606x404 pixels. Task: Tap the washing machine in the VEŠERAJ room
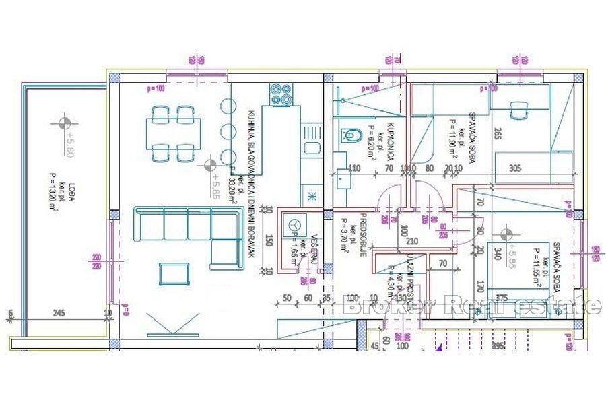[x=294, y=224]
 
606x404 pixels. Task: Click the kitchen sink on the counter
[x=311, y=147]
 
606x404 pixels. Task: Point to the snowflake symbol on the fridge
[x=312, y=196]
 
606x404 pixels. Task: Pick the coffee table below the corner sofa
[x=170, y=273]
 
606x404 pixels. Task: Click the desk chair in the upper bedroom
[x=519, y=109]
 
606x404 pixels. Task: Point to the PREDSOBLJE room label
[x=362, y=235]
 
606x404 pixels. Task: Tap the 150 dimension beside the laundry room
[x=269, y=240]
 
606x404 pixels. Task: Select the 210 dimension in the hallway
[x=412, y=240]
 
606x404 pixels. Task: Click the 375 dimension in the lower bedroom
[x=501, y=298]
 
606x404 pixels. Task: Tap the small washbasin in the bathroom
[x=343, y=178]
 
